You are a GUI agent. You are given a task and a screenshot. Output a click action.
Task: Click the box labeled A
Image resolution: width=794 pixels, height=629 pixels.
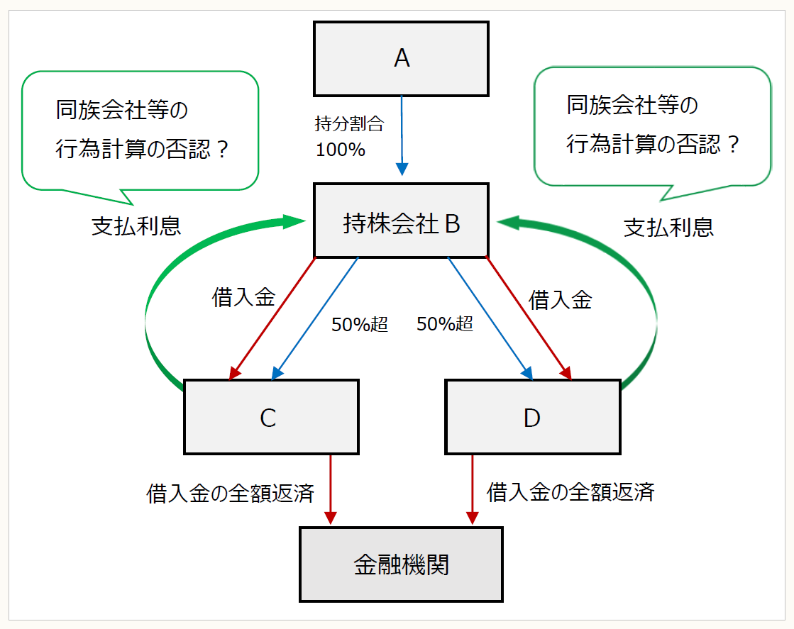point(401,59)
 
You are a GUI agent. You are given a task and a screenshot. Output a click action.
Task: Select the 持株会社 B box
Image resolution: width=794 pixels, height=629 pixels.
point(401,221)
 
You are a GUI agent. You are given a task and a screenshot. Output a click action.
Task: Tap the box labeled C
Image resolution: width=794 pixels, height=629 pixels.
point(270,417)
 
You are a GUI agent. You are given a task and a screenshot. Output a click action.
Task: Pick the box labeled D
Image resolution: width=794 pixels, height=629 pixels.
point(532,417)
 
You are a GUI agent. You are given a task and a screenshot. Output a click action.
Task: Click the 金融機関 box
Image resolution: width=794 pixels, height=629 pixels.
point(401,564)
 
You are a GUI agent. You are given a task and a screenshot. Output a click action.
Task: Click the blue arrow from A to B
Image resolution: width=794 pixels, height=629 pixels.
point(402,135)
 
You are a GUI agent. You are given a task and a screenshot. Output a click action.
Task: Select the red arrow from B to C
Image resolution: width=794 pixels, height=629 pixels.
point(272,316)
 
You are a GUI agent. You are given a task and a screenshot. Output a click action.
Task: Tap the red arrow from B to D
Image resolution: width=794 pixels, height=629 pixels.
point(528,316)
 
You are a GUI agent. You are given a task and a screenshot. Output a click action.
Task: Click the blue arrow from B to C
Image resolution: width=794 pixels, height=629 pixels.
point(316,316)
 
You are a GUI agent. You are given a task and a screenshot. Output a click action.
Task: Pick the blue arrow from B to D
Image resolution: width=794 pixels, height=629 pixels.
point(490,316)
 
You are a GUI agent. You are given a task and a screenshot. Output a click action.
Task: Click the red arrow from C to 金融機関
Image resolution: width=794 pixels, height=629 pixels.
point(331,489)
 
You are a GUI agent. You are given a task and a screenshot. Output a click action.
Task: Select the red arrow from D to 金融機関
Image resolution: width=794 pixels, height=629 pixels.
point(472,489)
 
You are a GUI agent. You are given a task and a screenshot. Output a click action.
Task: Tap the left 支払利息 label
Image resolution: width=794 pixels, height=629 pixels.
point(136,226)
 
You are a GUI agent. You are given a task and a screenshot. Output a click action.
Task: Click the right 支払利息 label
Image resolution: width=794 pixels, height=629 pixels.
point(668,227)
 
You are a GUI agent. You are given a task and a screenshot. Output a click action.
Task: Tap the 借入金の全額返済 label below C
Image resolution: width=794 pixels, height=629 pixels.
point(230,493)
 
